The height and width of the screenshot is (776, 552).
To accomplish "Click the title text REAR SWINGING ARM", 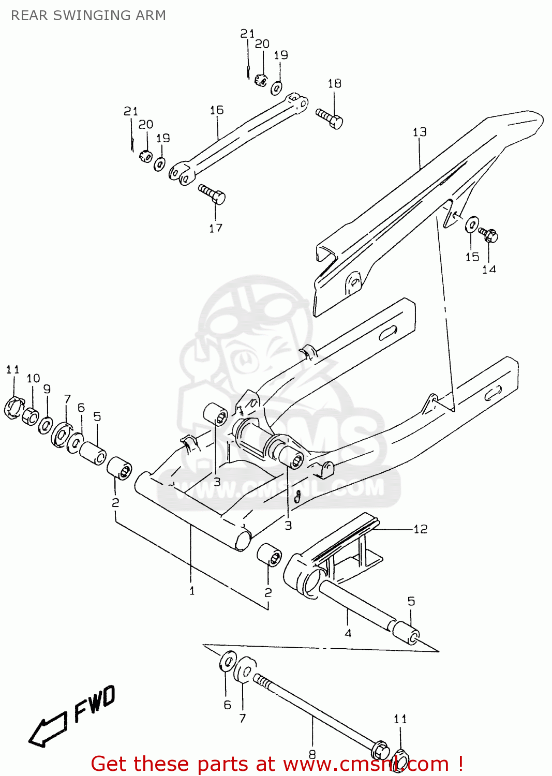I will [x=88, y=16].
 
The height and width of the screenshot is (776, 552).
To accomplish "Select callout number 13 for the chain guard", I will [x=420, y=132].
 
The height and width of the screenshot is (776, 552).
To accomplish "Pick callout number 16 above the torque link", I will [x=216, y=110].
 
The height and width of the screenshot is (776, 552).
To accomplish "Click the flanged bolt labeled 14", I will [x=488, y=235].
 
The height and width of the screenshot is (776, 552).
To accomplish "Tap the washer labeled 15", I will [x=472, y=225].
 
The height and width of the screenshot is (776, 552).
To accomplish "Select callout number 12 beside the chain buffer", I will [x=421, y=529].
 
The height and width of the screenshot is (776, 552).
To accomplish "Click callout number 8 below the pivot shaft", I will [x=312, y=754].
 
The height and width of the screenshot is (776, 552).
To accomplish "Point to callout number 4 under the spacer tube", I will [x=348, y=633].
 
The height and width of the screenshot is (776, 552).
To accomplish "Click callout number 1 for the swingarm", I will [x=192, y=590].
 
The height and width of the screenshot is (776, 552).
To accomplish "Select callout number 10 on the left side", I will [x=33, y=378].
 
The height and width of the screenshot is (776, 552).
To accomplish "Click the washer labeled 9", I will [x=46, y=425].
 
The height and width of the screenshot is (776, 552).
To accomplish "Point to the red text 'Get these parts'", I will [x=140, y=764].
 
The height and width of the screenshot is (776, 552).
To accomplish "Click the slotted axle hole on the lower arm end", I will [x=493, y=393].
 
